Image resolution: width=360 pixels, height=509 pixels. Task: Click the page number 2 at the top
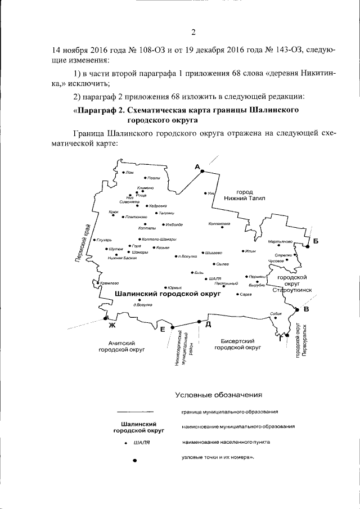tap(193, 31)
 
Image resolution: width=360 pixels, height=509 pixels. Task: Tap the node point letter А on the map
tap(197, 166)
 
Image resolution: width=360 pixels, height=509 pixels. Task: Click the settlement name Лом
tap(130, 173)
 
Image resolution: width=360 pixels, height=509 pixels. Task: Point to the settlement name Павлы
tap(154, 178)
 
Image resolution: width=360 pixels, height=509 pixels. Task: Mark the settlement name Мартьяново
tap(281, 241)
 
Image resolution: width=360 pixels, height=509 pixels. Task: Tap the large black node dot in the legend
tap(134, 461)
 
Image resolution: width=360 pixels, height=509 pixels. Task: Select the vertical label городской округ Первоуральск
tap(300, 343)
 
